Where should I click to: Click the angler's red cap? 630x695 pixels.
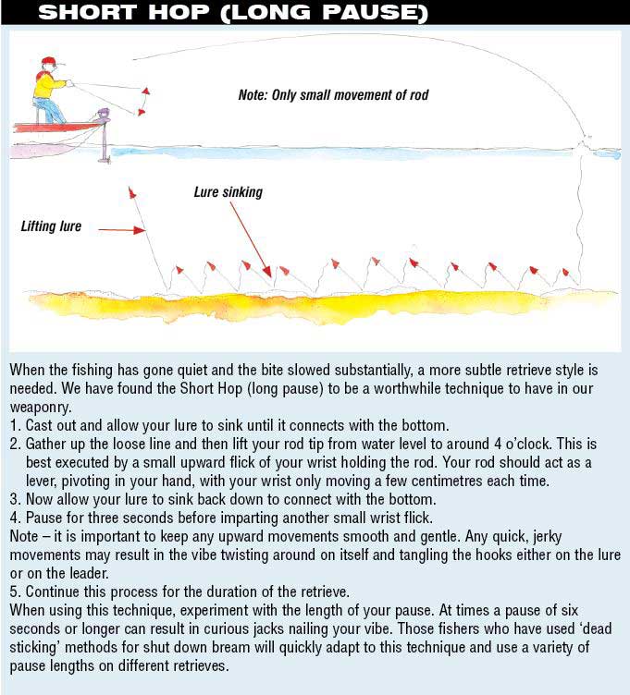[48, 62]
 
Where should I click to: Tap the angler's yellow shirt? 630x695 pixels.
[43, 85]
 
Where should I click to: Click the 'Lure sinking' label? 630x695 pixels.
[228, 192]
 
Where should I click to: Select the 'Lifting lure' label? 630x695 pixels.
[51, 226]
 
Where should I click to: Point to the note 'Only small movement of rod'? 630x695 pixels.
[333, 95]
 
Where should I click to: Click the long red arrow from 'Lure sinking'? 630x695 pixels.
[250, 238]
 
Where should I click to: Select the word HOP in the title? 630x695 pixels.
[179, 13]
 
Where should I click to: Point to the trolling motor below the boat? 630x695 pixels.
[104, 139]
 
